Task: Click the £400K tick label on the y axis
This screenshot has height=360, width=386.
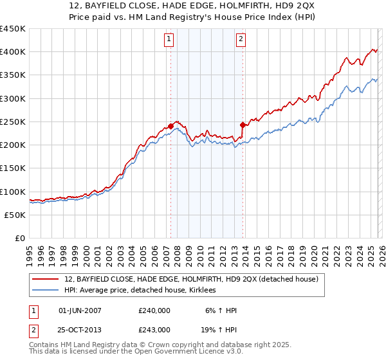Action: [13, 52]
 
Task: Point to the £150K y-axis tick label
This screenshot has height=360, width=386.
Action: [13, 168]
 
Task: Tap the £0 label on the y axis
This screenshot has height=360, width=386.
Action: [19, 238]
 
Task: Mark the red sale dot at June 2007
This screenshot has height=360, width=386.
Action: [170, 126]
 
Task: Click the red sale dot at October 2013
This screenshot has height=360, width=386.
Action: [243, 125]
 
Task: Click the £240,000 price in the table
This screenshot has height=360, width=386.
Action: [154, 310]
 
